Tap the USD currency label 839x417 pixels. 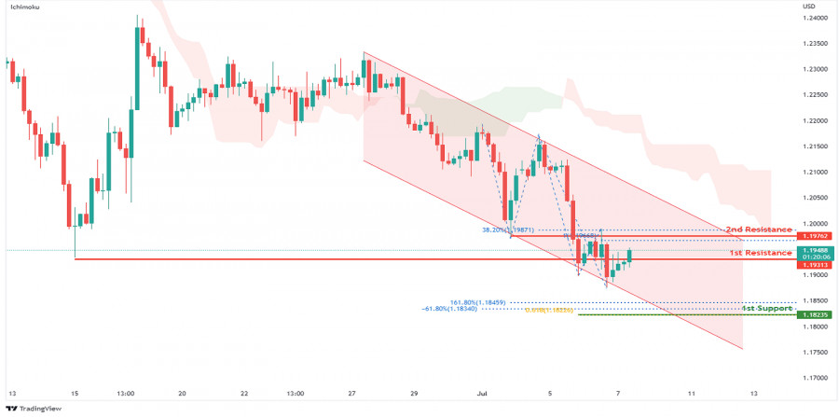point(808,7)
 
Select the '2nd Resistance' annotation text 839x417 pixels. point(758,229)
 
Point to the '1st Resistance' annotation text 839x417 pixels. point(760,253)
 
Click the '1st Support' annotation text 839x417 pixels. point(766,307)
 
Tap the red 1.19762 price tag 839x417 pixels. point(814,236)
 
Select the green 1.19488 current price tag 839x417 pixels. point(814,250)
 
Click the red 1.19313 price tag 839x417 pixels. point(814,265)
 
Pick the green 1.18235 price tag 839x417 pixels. point(814,314)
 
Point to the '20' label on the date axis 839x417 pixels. point(182,393)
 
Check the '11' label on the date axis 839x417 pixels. point(691,393)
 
